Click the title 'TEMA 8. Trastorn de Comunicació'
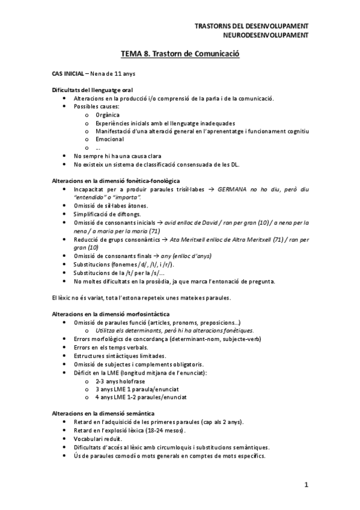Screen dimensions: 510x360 click(180, 54)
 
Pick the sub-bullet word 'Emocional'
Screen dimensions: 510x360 click(109, 139)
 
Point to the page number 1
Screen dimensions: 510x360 click(306, 485)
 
